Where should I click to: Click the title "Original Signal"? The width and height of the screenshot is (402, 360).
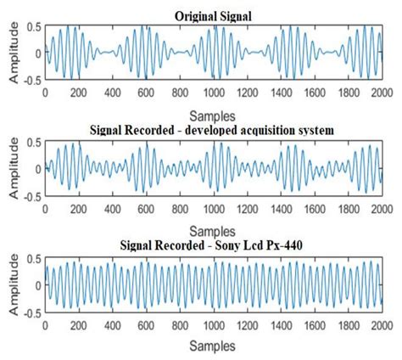point(212,15)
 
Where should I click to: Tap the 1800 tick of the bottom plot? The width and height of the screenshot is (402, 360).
point(349,324)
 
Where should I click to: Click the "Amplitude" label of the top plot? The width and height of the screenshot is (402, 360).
point(14,54)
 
